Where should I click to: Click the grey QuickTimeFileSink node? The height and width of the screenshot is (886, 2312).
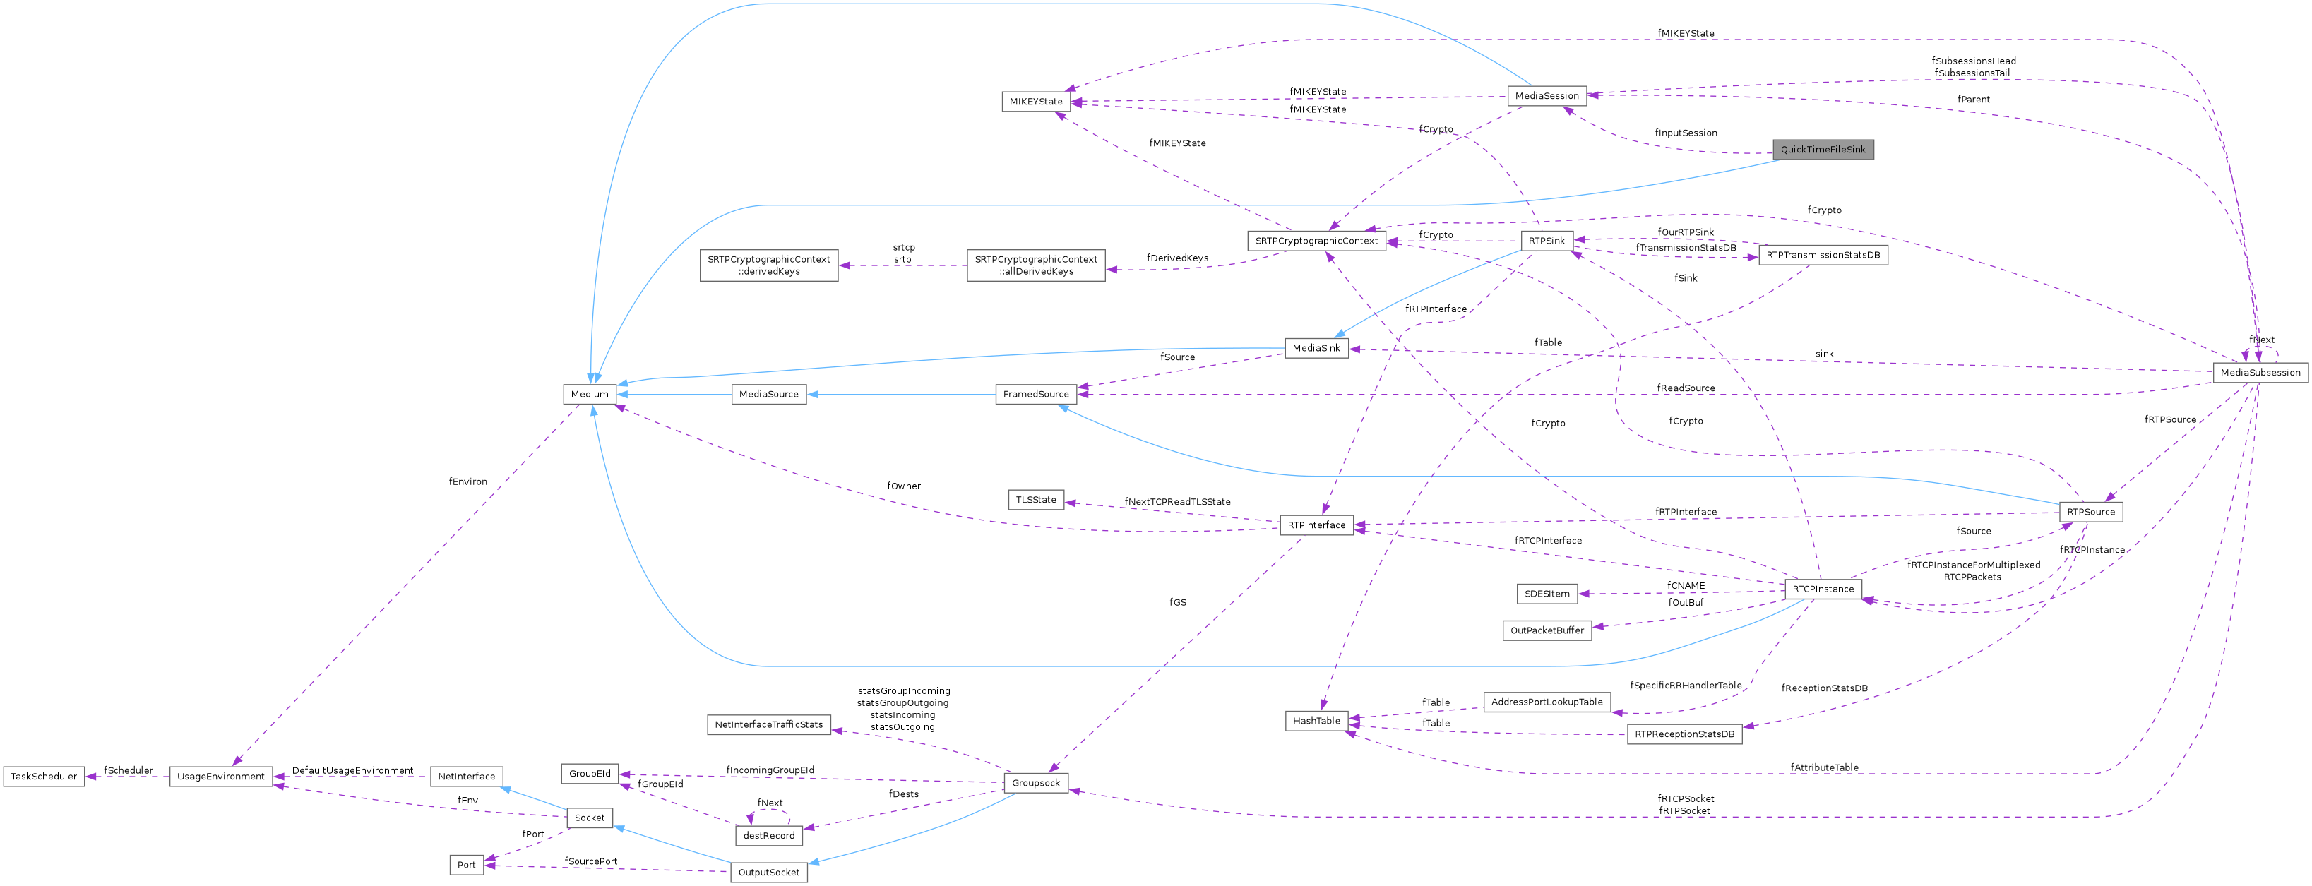(1822, 150)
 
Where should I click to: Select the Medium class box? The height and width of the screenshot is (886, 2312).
(590, 394)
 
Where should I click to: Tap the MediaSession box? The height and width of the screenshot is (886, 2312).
(1546, 96)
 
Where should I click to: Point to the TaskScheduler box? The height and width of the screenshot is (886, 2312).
(44, 777)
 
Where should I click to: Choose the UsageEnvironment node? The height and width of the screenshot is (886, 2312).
(221, 777)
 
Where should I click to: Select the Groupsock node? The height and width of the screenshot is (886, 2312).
(1036, 783)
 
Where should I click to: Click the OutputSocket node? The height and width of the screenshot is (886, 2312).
(768, 873)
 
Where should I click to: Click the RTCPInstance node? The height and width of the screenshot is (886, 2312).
(1822, 589)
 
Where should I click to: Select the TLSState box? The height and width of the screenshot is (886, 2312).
(1036, 500)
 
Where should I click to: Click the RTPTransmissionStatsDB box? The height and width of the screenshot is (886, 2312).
(1822, 256)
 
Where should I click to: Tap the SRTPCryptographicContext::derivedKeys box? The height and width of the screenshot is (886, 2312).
(768, 265)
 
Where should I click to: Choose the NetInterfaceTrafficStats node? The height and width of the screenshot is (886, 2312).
(768, 724)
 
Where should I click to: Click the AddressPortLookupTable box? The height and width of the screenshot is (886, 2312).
(1547, 702)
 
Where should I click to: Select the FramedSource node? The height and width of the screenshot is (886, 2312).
(1036, 394)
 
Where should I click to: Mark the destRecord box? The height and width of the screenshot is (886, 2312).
(768, 836)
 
